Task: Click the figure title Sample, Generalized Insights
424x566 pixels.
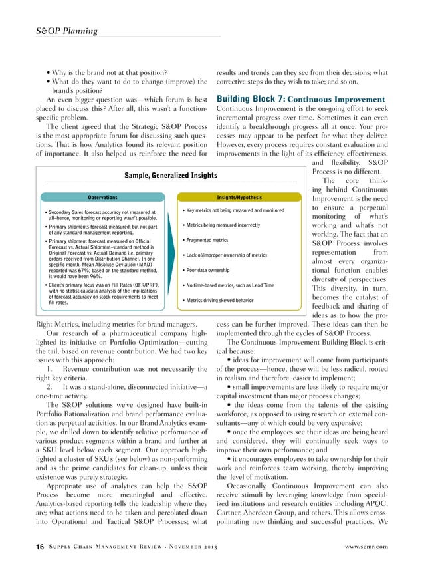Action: point(171,174)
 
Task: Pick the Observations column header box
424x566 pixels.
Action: point(102,198)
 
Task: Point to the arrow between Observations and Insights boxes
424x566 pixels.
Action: point(171,198)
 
